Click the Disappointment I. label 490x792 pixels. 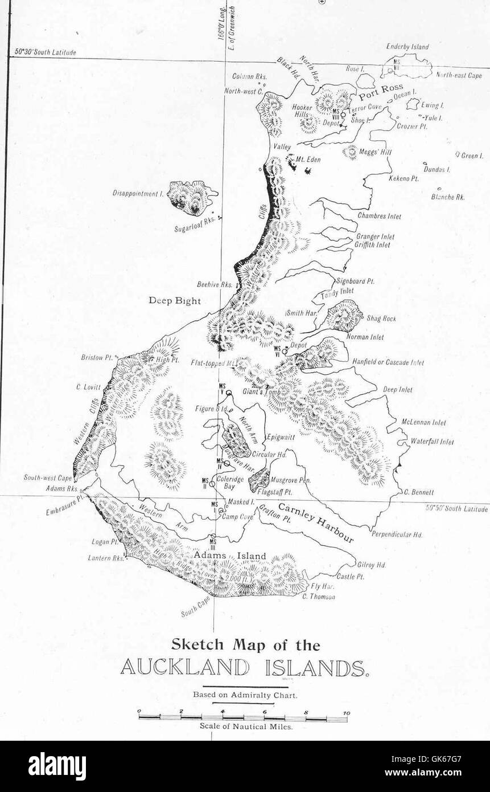[138, 194]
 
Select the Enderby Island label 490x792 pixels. [407, 47]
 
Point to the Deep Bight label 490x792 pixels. [175, 300]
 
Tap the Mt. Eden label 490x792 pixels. [308, 160]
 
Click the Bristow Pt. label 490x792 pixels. [97, 358]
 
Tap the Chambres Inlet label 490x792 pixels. [380, 217]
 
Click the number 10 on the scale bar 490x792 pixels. [346, 713]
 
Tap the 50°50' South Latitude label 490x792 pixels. [457, 509]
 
